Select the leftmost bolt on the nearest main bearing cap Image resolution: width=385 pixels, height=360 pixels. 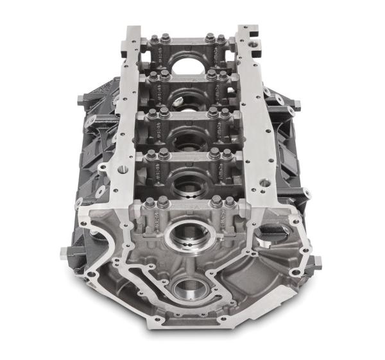pos(148,204)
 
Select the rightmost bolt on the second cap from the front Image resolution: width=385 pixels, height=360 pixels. pos(227,154)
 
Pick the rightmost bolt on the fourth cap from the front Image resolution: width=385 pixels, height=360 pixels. pos(223,75)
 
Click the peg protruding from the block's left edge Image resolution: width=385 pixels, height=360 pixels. pos(64,252)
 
